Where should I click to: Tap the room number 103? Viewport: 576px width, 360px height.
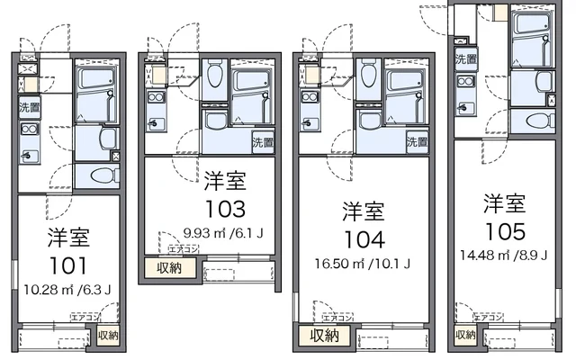(223, 209)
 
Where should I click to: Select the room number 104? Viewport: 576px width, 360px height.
(364, 239)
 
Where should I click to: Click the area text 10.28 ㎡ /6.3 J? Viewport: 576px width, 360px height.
(68, 289)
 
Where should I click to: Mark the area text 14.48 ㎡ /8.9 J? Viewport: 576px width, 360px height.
(505, 256)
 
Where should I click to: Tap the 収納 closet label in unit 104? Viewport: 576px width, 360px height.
(324, 335)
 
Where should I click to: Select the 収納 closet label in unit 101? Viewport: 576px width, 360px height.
(108, 336)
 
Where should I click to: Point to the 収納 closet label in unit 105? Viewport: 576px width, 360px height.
(464, 335)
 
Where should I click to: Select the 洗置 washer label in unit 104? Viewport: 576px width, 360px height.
(417, 141)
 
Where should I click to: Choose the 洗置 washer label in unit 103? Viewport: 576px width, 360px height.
(262, 141)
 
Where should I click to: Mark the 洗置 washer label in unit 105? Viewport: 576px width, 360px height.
(465, 60)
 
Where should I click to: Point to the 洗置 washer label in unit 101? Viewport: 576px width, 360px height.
(29, 107)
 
